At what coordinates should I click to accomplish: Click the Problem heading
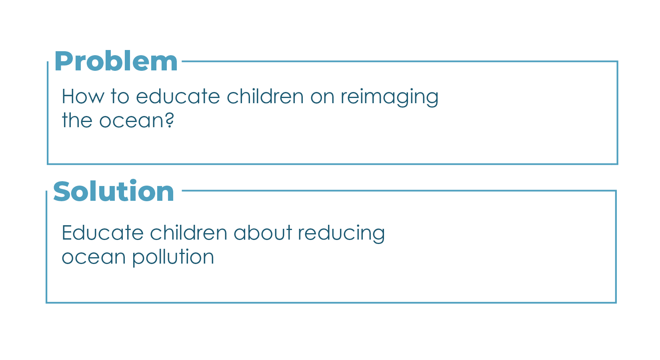click(116, 61)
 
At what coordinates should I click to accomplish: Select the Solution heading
click(114, 191)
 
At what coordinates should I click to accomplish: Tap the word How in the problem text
click(83, 96)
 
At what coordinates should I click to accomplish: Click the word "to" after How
click(120, 96)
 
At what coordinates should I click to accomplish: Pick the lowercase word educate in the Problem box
click(178, 96)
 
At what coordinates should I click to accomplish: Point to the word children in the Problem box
click(265, 96)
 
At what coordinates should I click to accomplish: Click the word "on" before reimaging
click(322, 98)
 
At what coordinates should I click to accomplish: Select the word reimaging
click(390, 98)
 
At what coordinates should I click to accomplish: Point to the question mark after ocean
click(169, 120)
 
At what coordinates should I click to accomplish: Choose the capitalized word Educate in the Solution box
click(102, 232)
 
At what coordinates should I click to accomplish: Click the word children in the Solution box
click(188, 232)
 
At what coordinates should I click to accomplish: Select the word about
click(262, 232)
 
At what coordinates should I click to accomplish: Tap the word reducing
click(341, 234)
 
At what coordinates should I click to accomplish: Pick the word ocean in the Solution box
click(94, 258)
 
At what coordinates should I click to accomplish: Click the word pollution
click(173, 257)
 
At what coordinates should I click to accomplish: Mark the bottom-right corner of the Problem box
click(617, 164)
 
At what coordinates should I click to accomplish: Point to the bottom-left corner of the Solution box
click(46, 302)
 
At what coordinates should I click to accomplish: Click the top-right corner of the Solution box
click(616, 191)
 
